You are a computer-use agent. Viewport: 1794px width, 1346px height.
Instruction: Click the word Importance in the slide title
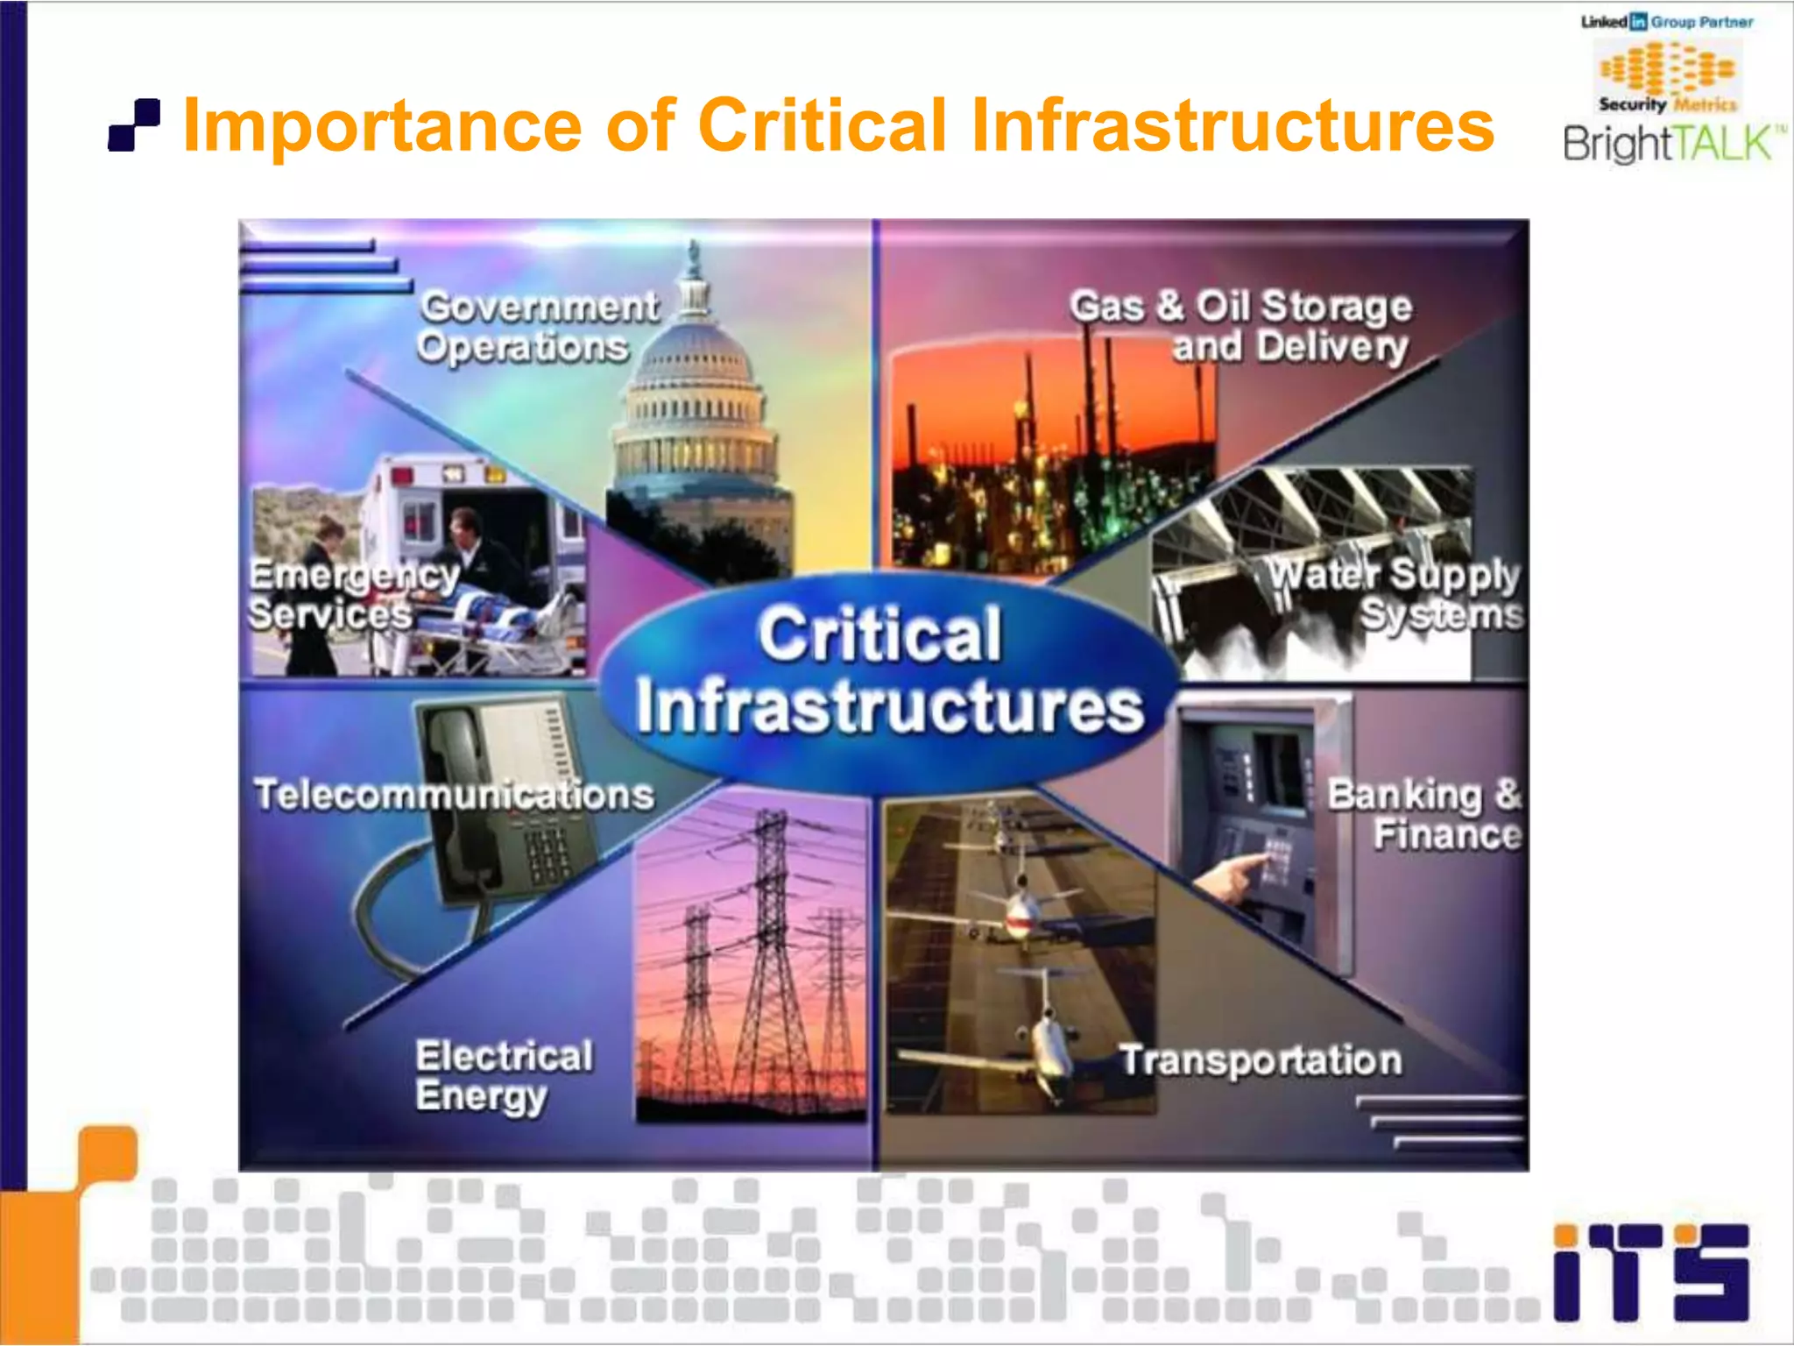pos(383,125)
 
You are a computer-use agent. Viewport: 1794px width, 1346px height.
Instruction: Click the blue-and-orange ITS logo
pos(1651,1272)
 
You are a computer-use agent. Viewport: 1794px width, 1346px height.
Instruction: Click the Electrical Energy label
pos(504,1076)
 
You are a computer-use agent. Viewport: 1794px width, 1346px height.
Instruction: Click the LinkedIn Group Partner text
pos(1668,22)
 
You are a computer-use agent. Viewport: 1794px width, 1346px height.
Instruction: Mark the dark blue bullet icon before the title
pos(134,125)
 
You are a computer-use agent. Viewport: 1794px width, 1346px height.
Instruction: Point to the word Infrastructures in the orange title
pos(1232,125)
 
